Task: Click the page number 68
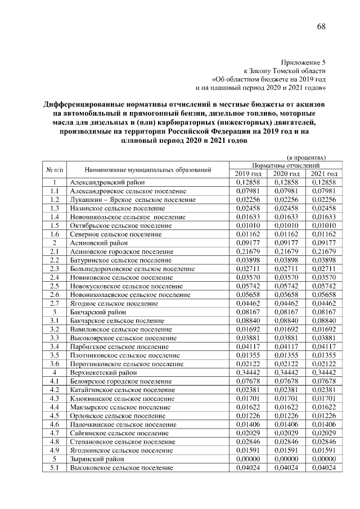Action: [x=321, y=26]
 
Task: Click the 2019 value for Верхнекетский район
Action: [x=248, y=372]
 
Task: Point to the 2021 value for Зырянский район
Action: [x=324, y=459]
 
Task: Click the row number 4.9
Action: [x=55, y=451]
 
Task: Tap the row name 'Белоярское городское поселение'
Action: [x=120, y=381]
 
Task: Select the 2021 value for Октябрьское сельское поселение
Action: [x=324, y=226]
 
